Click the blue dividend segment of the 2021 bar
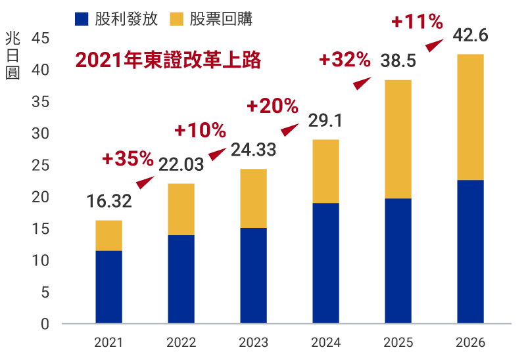pyautogui.click(x=108, y=287)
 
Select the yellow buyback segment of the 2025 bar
pyautogui.click(x=398, y=139)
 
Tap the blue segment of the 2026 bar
pyautogui.click(x=470, y=252)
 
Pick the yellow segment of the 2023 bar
pyautogui.click(x=253, y=198)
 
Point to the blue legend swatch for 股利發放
pyautogui.click(x=82, y=18)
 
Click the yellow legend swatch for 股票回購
pyautogui.click(x=177, y=18)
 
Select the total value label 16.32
pyautogui.click(x=108, y=201)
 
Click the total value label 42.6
pyautogui.click(x=470, y=35)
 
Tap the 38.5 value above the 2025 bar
pyautogui.click(x=398, y=61)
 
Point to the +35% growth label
pyautogui.click(x=128, y=158)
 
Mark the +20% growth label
pyautogui.click(x=272, y=105)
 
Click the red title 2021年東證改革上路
pyautogui.click(x=168, y=60)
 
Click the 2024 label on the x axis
pyautogui.click(x=325, y=342)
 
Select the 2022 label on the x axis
pyautogui.click(x=181, y=342)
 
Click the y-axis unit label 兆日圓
pyautogui.click(x=12, y=55)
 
